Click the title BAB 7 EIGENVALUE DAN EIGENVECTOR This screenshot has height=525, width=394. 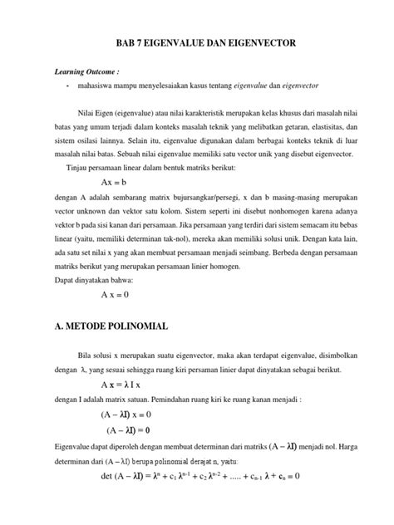click(197, 46)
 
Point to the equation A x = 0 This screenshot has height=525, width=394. click(116, 294)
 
